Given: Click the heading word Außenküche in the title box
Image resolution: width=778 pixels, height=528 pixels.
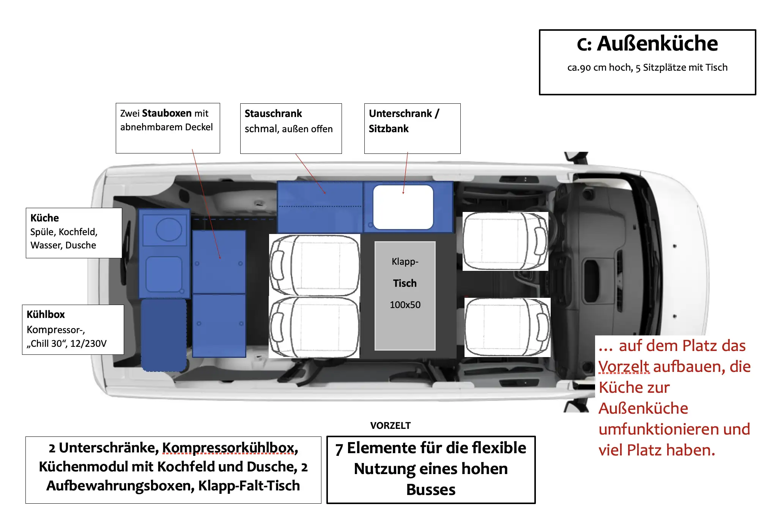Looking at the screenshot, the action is (657, 44).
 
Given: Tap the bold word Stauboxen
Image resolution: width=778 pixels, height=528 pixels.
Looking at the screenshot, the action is (167, 113).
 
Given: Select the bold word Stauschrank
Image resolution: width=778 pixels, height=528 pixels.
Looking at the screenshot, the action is (273, 114).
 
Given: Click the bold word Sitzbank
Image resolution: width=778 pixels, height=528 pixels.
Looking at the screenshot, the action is (389, 129).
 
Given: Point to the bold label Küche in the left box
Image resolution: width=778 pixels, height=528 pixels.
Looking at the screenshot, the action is (44, 218).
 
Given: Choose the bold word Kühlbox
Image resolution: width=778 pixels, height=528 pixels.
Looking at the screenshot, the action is (46, 315).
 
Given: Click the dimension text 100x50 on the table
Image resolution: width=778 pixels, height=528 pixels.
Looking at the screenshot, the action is (405, 305).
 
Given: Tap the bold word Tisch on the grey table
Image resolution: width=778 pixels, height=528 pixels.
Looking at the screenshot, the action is (405, 283).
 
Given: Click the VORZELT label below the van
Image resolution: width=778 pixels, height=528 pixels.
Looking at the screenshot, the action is (391, 425).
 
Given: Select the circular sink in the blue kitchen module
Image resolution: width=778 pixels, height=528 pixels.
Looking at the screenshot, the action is (169, 229).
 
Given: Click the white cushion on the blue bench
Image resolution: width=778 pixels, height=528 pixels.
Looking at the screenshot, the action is (403, 207).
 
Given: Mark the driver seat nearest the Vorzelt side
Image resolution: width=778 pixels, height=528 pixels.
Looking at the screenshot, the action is (507, 327).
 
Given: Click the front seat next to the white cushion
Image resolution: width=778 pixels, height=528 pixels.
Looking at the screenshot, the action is (506, 241).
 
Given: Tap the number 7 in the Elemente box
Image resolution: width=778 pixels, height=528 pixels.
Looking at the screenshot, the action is (339, 449).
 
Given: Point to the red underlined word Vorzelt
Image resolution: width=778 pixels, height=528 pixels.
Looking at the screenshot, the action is (624, 367).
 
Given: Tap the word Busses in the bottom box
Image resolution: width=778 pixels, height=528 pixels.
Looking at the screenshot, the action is (431, 490).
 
